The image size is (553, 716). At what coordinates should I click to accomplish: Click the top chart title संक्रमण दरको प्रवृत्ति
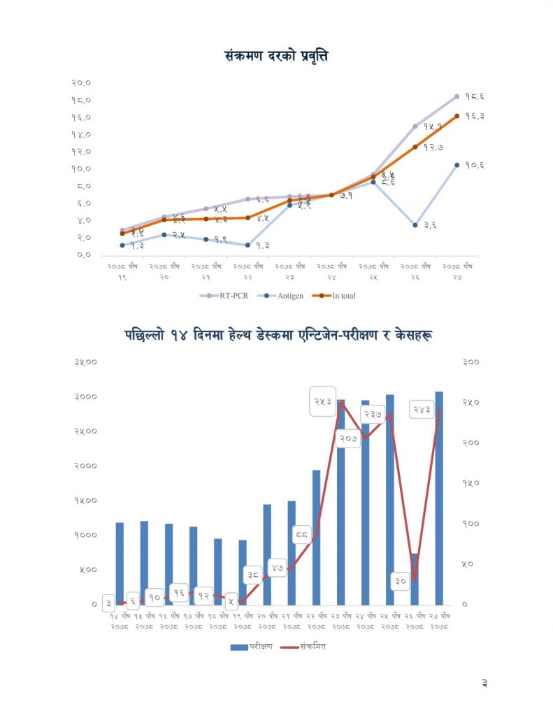point(276,56)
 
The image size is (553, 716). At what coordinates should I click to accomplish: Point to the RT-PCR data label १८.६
point(474,96)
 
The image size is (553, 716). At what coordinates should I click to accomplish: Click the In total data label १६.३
point(474,116)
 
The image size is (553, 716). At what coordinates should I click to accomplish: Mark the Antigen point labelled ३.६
point(415,225)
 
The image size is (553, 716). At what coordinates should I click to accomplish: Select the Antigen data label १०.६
point(474,166)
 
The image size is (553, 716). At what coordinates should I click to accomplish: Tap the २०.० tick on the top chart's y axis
point(82,83)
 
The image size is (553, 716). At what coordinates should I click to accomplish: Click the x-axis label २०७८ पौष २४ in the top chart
point(331,271)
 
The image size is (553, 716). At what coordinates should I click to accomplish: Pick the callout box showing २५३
point(323,401)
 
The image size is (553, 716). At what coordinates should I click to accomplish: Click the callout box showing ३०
point(401,581)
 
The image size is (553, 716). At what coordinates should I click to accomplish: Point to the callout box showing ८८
point(302,536)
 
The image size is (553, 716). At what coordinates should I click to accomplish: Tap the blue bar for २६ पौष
point(415,579)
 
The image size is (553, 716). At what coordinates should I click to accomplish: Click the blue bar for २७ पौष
point(439,498)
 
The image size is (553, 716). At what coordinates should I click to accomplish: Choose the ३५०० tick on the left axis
point(85,361)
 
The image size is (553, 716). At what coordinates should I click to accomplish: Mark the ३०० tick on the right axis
point(471,361)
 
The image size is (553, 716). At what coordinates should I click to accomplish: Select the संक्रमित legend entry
point(303,647)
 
